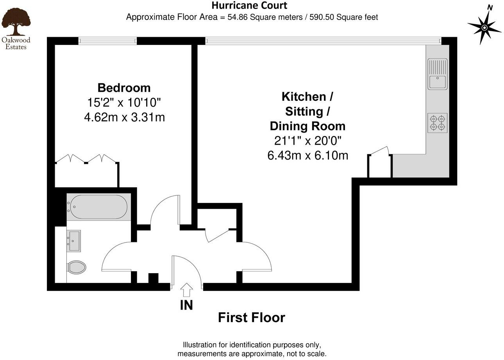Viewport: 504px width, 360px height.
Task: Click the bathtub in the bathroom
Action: (97, 207)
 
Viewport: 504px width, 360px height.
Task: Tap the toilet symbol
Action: (77, 268)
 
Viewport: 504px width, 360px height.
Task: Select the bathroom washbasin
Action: (73, 241)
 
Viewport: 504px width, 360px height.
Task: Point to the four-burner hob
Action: (438, 123)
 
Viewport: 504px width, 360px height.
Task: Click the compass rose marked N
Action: (484, 27)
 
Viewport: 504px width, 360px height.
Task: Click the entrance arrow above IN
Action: (187, 290)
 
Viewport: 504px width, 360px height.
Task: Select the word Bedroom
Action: (124, 88)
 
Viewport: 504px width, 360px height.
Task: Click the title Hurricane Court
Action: (249, 5)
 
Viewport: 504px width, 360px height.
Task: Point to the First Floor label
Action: (251, 318)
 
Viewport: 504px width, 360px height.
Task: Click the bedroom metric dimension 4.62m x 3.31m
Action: (124, 117)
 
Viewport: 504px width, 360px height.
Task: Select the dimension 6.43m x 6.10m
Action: (307, 156)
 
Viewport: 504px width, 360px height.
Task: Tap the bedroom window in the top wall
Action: (107, 41)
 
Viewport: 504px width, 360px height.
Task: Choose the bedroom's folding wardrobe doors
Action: (86, 159)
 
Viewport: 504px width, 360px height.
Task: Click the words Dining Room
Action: (307, 126)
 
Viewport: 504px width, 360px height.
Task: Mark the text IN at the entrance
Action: (186, 305)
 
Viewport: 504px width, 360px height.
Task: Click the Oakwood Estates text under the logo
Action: (16, 43)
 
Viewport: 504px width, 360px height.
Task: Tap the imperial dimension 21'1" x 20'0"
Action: (307, 141)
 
